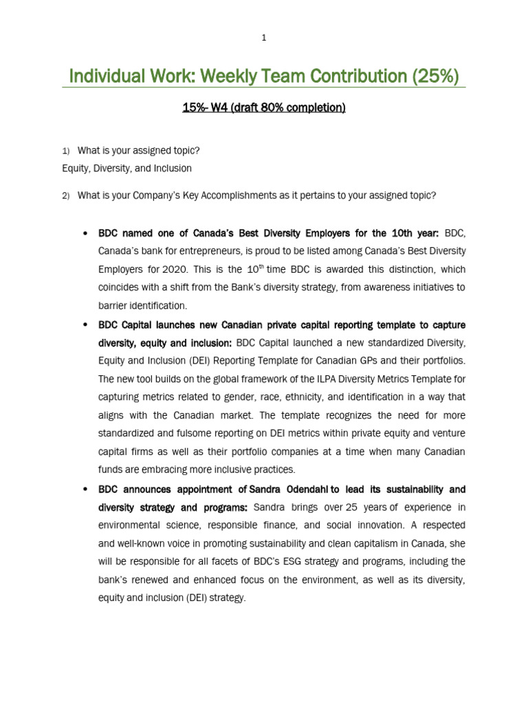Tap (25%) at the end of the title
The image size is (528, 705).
[436, 76]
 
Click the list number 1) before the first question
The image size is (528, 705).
[66, 151]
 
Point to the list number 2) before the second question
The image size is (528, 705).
[66, 196]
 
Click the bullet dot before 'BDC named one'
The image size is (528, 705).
[85, 233]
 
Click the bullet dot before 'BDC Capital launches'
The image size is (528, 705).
[85, 324]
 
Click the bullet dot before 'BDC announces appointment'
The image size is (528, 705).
[85, 490]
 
